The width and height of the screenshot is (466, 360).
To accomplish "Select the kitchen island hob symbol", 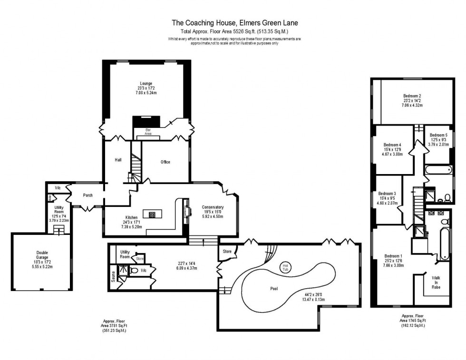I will coord(152,214).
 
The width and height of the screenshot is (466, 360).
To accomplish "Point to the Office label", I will coord(165,162).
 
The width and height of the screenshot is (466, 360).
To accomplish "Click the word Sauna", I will coord(113,276).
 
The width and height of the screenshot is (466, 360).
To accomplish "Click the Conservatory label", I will coord(212,207).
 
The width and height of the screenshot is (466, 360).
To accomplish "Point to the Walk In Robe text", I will coord(436,282).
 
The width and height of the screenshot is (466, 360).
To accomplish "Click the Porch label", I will coord(87,195).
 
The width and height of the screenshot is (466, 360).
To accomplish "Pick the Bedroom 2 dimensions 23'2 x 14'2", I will coord(412,100).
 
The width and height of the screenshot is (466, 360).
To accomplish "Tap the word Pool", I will coord(273,288).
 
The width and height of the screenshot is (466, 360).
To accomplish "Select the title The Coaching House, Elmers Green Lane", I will coord(235,22).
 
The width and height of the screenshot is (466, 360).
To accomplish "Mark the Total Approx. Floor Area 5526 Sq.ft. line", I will coord(235,31).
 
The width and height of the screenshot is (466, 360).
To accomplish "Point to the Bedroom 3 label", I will coord(387,194).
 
